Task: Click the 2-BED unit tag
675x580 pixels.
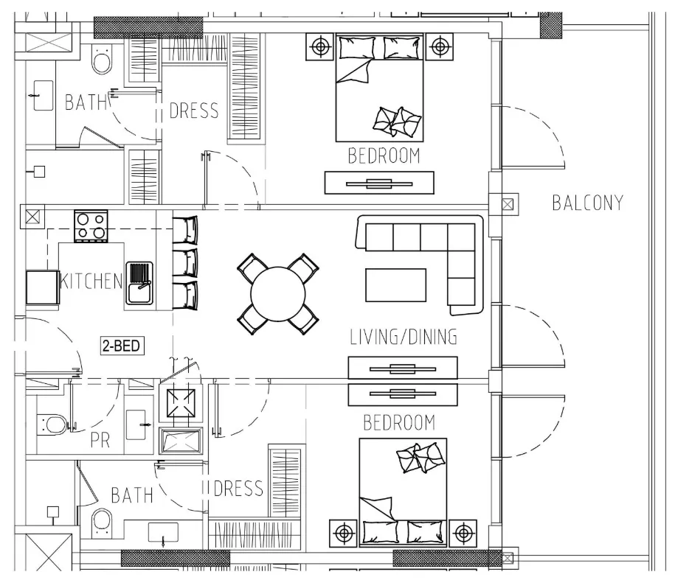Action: (x=122, y=346)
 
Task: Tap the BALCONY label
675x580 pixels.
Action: (x=588, y=203)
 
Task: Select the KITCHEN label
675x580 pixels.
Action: (x=91, y=282)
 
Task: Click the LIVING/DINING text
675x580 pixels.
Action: (x=404, y=337)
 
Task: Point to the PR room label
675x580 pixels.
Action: (x=100, y=440)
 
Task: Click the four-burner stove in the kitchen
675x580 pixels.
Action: (x=91, y=226)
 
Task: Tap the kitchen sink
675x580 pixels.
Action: (x=139, y=283)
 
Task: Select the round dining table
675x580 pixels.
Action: (x=277, y=294)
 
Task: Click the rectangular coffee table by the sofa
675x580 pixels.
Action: (x=395, y=285)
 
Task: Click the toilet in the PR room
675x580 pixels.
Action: (x=52, y=424)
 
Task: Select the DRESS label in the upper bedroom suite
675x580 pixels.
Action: (x=194, y=111)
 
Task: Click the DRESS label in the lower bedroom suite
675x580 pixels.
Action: (x=238, y=489)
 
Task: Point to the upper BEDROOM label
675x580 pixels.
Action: (x=384, y=156)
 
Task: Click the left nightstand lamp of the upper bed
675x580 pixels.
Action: (x=320, y=46)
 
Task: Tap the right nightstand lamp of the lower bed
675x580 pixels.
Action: (x=463, y=533)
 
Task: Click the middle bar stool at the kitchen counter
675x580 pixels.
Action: (x=185, y=262)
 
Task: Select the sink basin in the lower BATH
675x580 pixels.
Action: (x=163, y=532)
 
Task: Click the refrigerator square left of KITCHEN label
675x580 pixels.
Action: (x=42, y=287)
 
